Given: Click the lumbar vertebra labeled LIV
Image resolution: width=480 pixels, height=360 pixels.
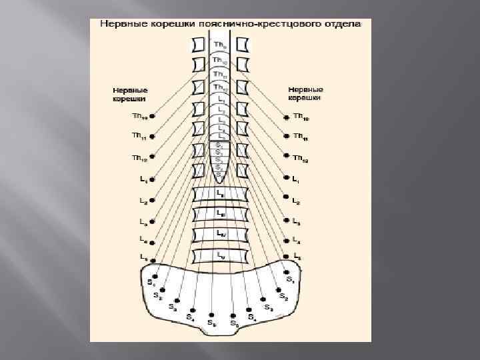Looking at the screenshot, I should (x=220, y=234).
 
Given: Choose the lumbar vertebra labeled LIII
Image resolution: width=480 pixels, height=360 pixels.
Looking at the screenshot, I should (x=220, y=214).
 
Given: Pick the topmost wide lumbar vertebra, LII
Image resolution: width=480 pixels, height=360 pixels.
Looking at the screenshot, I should (x=220, y=193).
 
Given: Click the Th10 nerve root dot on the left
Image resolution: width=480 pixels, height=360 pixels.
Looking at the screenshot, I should (x=153, y=116).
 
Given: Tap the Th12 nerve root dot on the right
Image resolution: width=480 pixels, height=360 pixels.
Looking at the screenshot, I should (x=287, y=157).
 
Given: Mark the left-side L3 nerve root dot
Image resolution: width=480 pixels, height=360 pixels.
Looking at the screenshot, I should (x=153, y=221).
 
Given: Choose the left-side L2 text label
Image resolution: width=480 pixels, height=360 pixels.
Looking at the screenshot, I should (x=143, y=200).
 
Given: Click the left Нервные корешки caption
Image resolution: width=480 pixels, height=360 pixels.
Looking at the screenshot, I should (x=130, y=94).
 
